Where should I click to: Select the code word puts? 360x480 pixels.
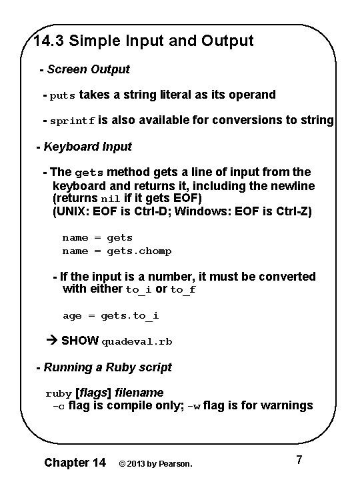[63, 95]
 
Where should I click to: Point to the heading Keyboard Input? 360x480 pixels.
[87, 146]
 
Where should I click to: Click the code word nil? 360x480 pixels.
[109, 199]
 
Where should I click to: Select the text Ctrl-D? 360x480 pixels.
[162, 212]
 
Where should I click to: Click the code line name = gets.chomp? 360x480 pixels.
[117, 251]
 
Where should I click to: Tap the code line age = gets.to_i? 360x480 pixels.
[111, 315]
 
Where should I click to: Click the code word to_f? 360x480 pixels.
[183, 290]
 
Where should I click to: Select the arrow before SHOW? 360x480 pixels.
[54, 341]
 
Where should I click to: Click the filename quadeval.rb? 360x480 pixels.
[137, 341]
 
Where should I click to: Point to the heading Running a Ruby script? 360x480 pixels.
[107, 367]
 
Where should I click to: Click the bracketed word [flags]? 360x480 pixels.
[93, 393]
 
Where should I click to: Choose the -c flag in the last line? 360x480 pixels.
[59, 406]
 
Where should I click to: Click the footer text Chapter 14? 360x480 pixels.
[74, 462]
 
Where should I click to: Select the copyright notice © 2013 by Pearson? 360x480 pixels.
[155, 463]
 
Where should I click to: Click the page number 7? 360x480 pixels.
[299, 460]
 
